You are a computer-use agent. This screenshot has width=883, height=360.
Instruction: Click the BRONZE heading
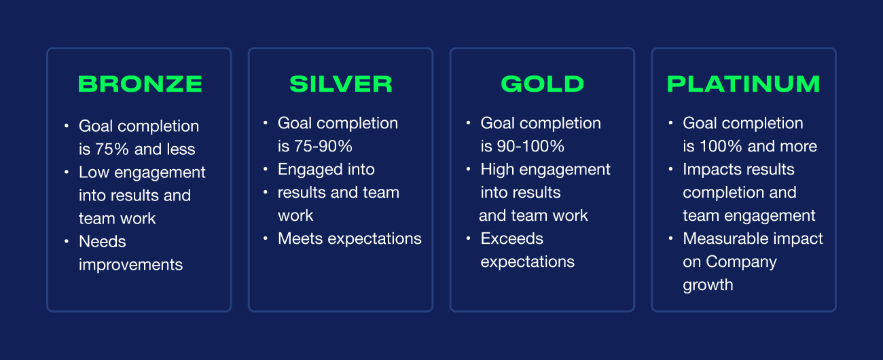(141, 84)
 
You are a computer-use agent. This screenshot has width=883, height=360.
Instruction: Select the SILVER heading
(341, 84)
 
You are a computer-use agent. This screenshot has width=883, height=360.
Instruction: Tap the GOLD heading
(543, 84)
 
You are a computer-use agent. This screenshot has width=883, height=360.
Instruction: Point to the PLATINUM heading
(744, 84)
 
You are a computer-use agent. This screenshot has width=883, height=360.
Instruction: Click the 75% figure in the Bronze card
(112, 149)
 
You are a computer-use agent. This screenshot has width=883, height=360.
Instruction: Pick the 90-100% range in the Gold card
(530, 146)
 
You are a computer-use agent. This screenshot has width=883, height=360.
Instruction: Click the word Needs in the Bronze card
(103, 241)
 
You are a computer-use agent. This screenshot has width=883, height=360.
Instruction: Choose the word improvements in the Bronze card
(131, 265)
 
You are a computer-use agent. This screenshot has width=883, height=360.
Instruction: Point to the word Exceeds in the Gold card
(512, 238)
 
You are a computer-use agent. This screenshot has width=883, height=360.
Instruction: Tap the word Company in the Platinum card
(742, 262)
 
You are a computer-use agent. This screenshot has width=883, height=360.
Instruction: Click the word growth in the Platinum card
(708, 285)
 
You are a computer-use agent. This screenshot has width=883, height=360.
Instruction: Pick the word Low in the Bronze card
(94, 173)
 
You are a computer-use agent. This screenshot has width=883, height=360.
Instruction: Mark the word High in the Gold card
(498, 170)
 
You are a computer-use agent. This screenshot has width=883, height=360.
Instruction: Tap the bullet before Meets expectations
(266, 238)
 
